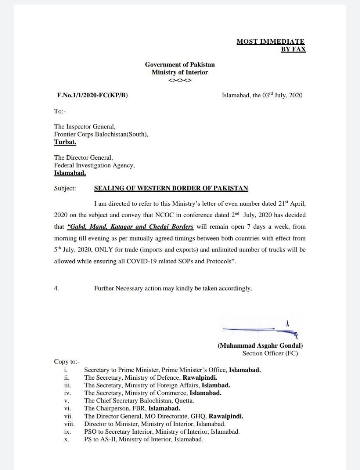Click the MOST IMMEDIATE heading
point(270,41)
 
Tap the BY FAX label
point(293,49)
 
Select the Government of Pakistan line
point(180,65)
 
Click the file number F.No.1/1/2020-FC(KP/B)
point(93,95)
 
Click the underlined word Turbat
point(65,142)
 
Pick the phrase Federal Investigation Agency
point(94,165)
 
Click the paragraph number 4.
point(57,288)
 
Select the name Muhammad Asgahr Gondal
point(260,346)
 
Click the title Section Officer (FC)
point(270,353)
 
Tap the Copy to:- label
point(67,362)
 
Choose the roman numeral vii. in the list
point(68,416)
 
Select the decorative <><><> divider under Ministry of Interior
point(180,80)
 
